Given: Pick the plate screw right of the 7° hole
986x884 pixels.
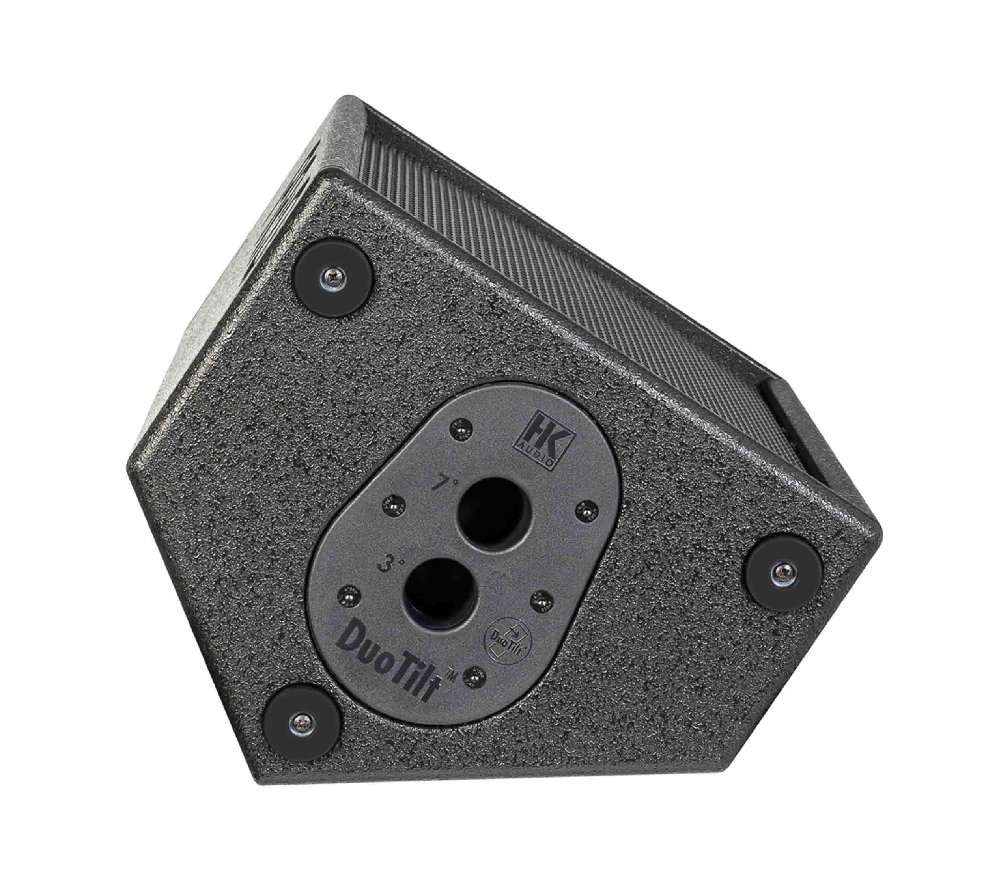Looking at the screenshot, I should [586, 510].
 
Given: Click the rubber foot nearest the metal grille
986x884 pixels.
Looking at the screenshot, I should [336, 277].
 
